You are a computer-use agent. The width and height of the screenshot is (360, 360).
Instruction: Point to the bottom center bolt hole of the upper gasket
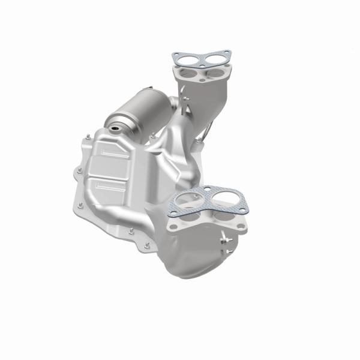coord(202,64)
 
